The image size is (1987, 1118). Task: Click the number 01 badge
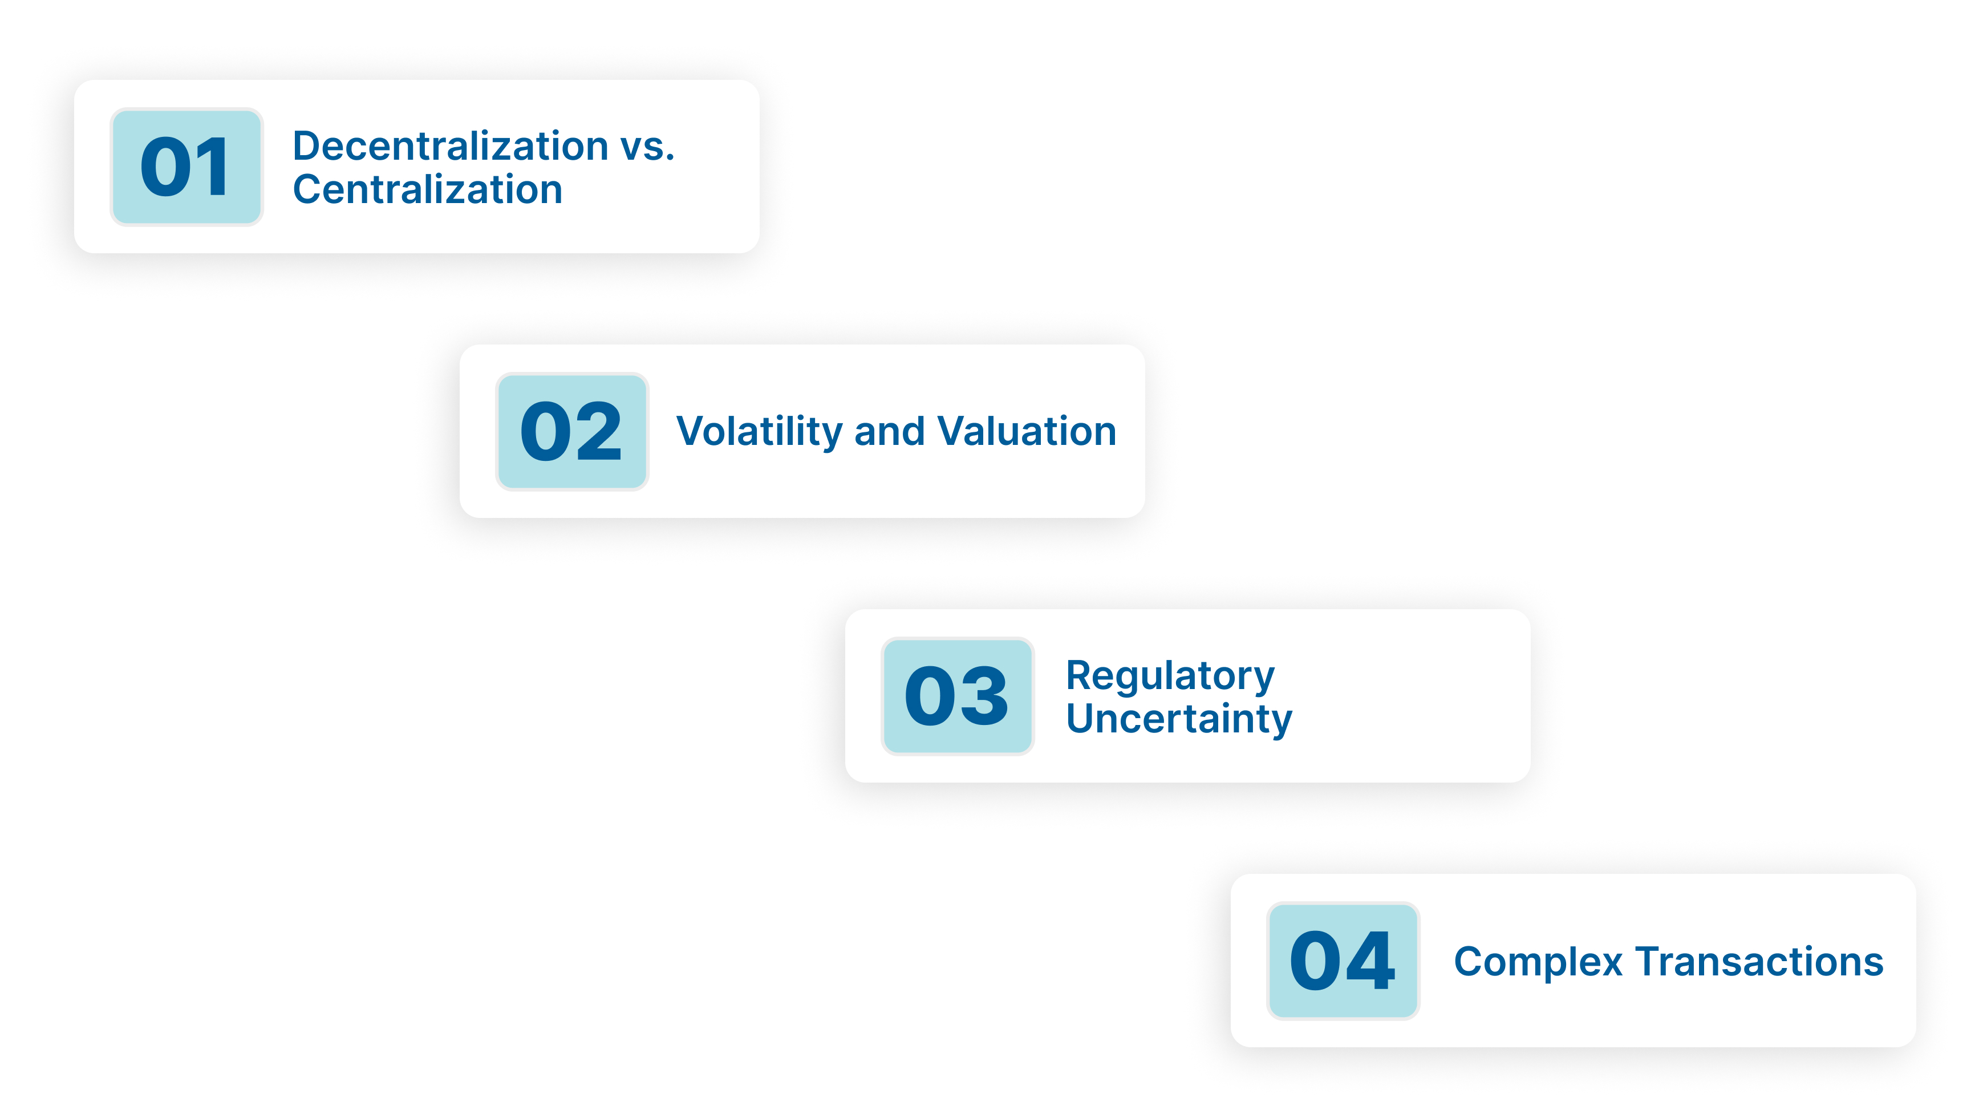[186, 167]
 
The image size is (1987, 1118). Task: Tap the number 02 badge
[571, 431]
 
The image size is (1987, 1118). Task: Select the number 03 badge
[957, 696]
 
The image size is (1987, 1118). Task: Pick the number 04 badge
[1343, 961]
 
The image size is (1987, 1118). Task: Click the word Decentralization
[451, 146]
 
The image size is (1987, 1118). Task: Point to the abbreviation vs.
[648, 146]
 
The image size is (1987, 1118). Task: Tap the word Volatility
[759, 431]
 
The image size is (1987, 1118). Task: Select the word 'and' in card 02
[889, 431]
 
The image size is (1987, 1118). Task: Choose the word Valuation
[1027, 431]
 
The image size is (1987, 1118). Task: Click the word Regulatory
[1170, 677]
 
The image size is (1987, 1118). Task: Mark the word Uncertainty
[1179, 719]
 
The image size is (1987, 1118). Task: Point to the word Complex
[1538, 963]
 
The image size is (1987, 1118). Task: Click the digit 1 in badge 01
[210, 167]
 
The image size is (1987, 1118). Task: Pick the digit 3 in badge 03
[983, 696]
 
